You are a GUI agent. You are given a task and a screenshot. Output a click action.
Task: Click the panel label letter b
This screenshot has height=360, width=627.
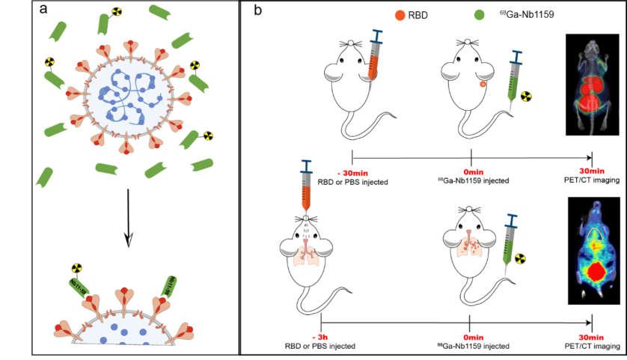257,11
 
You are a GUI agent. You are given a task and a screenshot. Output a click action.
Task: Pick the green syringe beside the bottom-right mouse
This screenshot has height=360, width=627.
512,238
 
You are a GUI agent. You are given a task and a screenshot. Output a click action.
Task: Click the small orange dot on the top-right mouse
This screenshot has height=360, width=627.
483,85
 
